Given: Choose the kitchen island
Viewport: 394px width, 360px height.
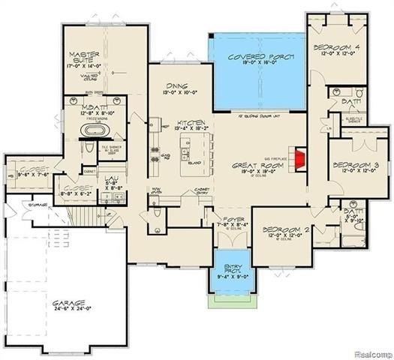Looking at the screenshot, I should [x=194, y=154].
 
